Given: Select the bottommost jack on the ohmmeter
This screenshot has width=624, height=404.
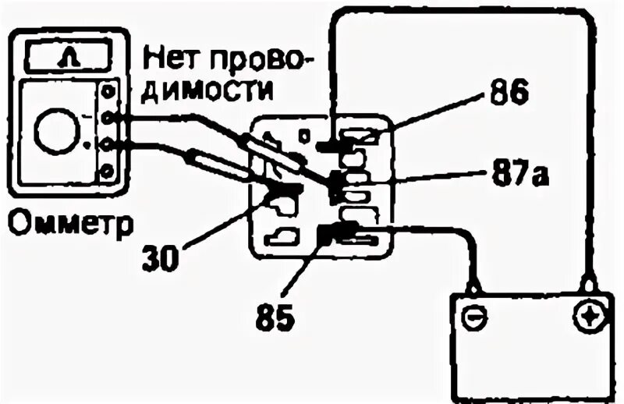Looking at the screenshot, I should (x=107, y=171).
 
